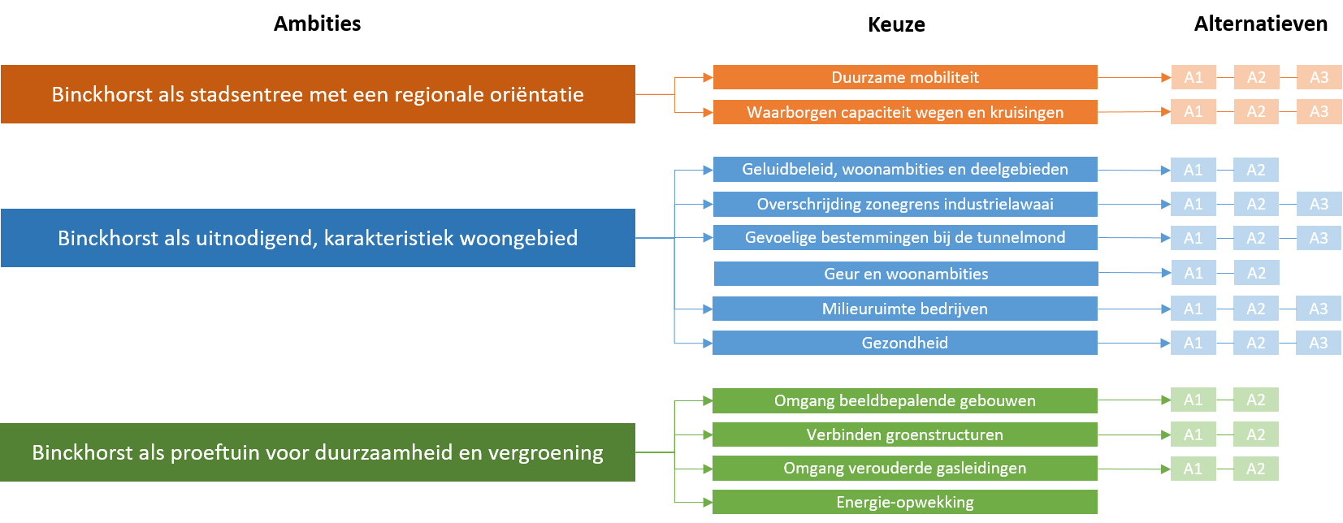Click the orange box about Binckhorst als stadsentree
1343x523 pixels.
click(318, 94)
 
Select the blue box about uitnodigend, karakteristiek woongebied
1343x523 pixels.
click(318, 238)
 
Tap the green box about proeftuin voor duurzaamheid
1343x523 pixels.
click(318, 452)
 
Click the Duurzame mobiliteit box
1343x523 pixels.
click(905, 77)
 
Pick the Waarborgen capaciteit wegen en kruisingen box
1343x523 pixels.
click(905, 112)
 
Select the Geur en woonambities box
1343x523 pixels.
click(905, 274)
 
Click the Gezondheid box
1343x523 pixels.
click(905, 343)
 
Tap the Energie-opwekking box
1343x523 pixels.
click(905, 502)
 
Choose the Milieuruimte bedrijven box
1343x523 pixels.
click(905, 309)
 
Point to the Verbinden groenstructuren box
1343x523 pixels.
click(905, 434)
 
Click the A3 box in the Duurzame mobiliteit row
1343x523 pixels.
click(1319, 77)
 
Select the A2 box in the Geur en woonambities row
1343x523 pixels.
click(1256, 273)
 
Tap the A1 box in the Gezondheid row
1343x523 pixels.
click(1193, 343)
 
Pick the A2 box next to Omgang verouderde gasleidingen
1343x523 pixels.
click(1255, 469)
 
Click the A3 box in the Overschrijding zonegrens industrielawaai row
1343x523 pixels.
click(1319, 204)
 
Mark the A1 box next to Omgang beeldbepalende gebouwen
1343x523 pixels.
click(1193, 400)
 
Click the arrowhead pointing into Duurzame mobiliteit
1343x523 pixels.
click(708, 78)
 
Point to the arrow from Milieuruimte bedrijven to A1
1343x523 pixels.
click(1133, 309)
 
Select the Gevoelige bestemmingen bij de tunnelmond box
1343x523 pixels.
click(905, 237)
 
